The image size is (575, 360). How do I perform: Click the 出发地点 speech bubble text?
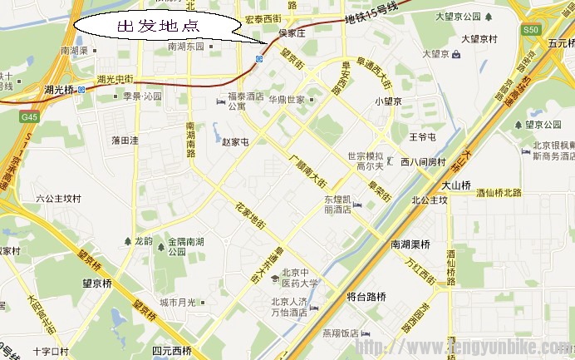point(159,26)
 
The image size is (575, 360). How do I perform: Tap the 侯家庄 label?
point(292,34)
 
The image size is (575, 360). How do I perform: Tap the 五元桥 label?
point(556,42)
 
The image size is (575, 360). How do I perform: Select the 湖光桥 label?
point(60,88)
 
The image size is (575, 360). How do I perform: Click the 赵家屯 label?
point(235,141)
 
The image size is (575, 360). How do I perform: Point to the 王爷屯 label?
point(423,136)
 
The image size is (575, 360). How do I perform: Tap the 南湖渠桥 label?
point(410,244)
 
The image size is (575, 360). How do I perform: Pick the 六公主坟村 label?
point(58,199)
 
